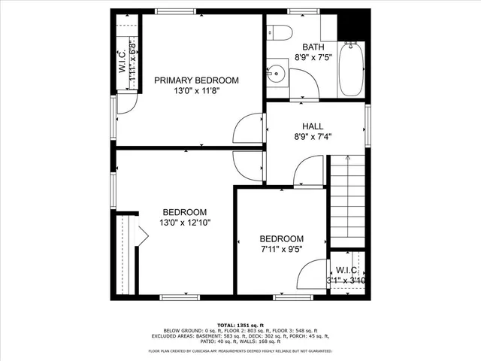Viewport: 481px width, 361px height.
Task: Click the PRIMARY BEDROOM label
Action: click(x=196, y=80)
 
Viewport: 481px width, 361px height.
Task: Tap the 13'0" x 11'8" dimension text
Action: click(x=196, y=91)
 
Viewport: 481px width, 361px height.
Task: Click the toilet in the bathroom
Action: click(x=280, y=32)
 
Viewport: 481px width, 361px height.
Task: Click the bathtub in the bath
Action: click(x=351, y=69)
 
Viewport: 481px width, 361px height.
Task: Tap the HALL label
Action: click(x=313, y=126)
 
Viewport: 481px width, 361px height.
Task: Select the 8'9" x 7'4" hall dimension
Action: click(x=313, y=137)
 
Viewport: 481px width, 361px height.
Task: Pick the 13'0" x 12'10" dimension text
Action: click(x=184, y=223)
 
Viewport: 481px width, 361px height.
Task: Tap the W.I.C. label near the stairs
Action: click(x=346, y=270)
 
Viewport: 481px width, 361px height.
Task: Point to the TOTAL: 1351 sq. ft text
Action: click(x=240, y=323)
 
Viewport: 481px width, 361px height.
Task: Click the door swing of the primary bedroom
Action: click(x=247, y=129)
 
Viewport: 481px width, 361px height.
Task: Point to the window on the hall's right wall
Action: click(x=368, y=126)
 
